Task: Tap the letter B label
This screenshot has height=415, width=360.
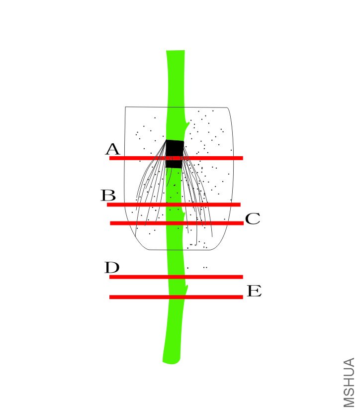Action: tap(108, 196)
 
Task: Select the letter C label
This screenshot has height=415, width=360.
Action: tap(253, 218)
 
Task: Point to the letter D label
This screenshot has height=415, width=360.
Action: tap(112, 267)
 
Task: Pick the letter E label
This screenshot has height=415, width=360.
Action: tap(254, 291)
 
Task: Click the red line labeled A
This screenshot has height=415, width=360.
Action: tap(176, 158)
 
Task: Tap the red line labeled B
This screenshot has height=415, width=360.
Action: tap(174, 205)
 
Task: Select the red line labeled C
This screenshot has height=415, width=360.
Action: tap(177, 223)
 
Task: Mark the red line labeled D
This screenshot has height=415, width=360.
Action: tap(176, 277)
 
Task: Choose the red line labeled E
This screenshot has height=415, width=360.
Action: tap(176, 297)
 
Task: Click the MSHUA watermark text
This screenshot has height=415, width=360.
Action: tap(349, 383)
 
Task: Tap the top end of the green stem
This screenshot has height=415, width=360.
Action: tap(176, 51)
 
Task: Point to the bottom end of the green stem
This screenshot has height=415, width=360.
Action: tap(172, 362)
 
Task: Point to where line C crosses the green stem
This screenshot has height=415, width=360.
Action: tap(175, 223)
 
